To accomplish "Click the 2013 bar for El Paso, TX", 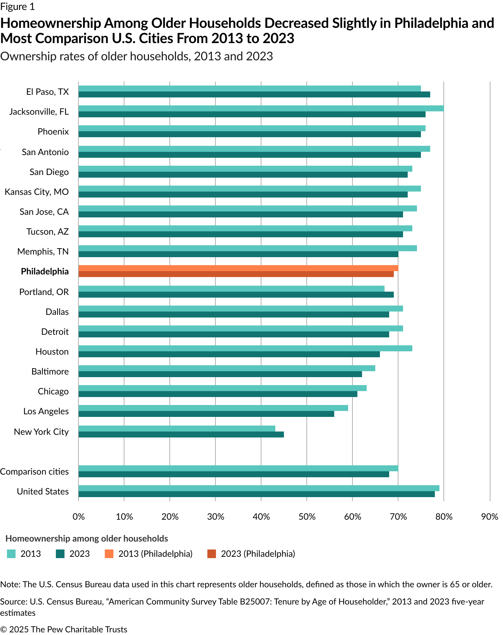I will click(250, 88).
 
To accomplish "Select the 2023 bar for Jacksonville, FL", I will click(252, 114).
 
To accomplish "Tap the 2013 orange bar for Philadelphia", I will click(238, 268).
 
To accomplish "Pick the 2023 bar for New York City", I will click(181, 434).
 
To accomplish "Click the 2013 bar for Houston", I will click(245, 348).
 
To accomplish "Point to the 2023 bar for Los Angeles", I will click(206, 414).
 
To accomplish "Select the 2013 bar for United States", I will click(259, 488).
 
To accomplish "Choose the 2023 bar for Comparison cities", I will click(234, 474).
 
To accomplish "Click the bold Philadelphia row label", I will click(45, 271).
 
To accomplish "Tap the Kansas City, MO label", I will click(37, 192).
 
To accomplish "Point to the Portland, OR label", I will click(44, 292).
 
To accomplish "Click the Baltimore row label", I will click(50, 372).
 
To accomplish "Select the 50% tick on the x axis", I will click(307, 517).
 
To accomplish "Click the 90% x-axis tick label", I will click(489, 517).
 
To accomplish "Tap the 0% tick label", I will click(78, 517).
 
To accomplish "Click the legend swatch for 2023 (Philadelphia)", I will click(211, 554).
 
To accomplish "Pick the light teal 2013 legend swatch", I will click(11, 554).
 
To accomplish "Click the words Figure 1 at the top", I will click(17, 7).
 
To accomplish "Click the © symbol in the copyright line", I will click(3, 629).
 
